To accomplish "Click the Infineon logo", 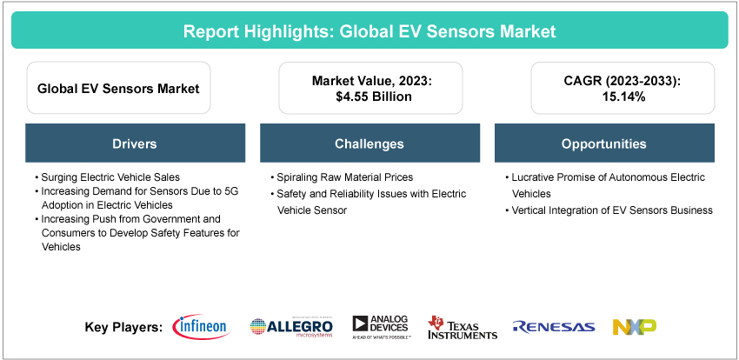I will coord(201,327).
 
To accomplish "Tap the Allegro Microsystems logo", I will coord(291,327).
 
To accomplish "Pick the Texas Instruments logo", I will coord(463,327).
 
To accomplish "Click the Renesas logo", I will coord(554,327).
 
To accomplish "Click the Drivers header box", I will coord(135,143).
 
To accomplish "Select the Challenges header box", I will coord(369,143).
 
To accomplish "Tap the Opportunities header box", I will coord(603,143).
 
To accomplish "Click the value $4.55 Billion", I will coord(369,97).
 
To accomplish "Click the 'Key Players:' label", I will coord(123,328).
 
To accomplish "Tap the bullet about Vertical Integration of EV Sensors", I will coord(611,210).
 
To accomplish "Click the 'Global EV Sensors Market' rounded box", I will coord(118,88).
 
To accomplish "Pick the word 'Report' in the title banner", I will coord(210,31).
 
